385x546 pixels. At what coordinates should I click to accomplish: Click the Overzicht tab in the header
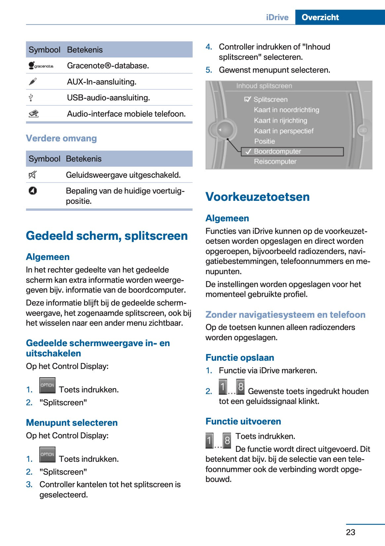click(x=320, y=17)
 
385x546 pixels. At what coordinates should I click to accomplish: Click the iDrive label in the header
click(x=277, y=17)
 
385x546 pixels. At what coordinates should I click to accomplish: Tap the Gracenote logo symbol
click(x=41, y=66)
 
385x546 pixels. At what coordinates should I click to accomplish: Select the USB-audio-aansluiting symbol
click(x=31, y=98)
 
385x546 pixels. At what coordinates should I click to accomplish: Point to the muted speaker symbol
click(x=32, y=175)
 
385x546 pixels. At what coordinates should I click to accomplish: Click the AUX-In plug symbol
click(x=33, y=82)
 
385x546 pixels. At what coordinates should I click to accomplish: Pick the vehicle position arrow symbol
click(x=33, y=191)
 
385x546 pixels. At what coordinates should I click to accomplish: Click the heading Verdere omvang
click(x=61, y=138)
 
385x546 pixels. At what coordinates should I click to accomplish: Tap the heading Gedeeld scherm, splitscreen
click(x=107, y=236)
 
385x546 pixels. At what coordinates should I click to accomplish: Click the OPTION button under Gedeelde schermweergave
click(x=47, y=385)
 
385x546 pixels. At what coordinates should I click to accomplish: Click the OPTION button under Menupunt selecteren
click(x=47, y=455)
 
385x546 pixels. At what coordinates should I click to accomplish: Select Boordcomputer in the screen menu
click(x=277, y=151)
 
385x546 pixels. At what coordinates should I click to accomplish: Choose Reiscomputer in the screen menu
click(x=275, y=162)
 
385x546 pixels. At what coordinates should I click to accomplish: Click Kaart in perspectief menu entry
click(x=284, y=131)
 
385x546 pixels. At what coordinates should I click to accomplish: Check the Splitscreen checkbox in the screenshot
click(x=248, y=99)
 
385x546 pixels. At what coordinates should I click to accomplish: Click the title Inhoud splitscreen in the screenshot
click(x=264, y=86)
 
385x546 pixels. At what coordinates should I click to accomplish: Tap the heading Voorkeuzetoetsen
click(x=257, y=197)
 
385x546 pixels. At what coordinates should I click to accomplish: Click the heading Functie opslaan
click(x=240, y=357)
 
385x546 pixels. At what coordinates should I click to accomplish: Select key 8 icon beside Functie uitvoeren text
click(x=227, y=440)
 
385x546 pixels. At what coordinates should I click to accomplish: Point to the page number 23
click(x=350, y=532)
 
